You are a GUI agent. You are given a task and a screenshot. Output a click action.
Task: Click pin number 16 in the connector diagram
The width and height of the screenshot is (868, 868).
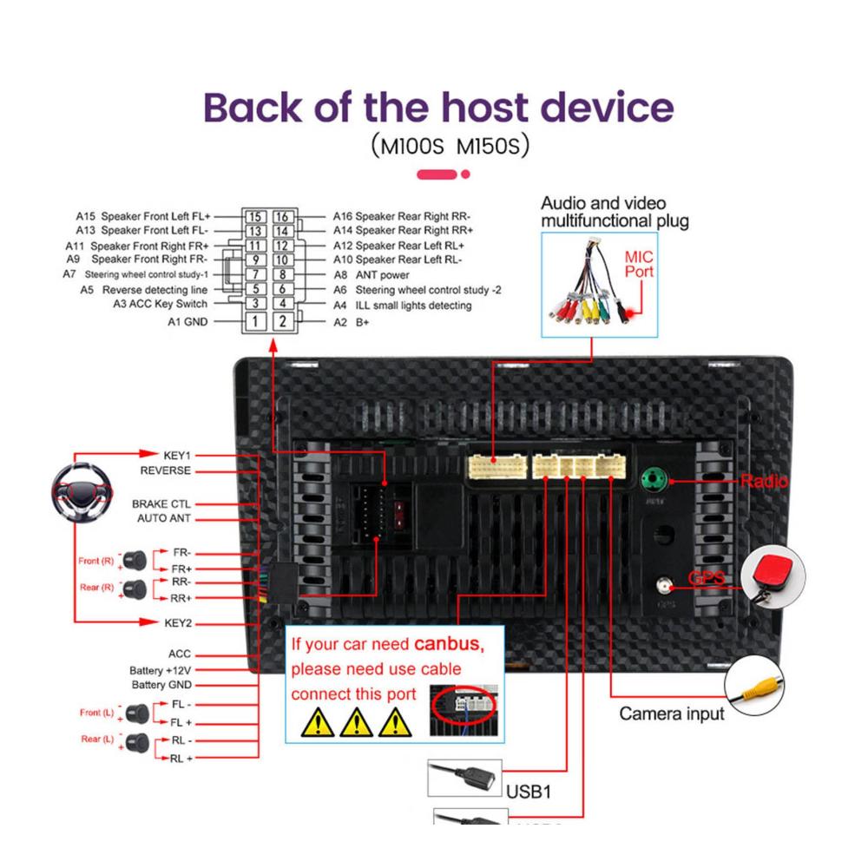[x=281, y=217]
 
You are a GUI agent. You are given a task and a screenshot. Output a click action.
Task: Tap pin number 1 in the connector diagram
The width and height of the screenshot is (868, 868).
[x=253, y=321]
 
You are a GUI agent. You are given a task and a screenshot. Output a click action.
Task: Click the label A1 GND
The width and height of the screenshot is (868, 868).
[x=187, y=321]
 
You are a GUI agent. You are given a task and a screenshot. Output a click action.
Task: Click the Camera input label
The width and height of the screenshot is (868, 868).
[x=671, y=714]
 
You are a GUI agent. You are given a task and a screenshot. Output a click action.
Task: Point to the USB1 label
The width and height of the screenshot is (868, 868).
[x=529, y=792]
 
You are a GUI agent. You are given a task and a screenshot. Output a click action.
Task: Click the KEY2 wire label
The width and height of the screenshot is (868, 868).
[x=177, y=622]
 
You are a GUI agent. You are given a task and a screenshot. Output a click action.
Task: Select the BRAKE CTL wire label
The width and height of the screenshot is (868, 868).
[x=161, y=503]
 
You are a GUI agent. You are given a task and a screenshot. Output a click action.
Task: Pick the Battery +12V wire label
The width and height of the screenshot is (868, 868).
[x=160, y=670]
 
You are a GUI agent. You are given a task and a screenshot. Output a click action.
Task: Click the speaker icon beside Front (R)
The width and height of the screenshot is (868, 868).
[x=134, y=559]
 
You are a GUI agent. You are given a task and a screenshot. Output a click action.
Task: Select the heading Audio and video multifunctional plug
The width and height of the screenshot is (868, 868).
[x=615, y=212]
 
